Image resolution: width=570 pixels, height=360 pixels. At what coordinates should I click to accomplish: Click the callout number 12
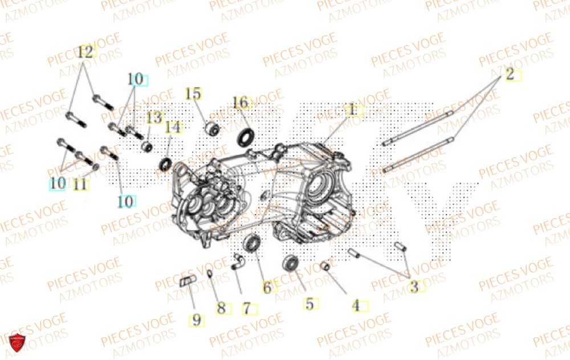pyautogui.click(x=85, y=52)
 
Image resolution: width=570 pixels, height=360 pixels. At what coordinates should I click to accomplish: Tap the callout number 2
pyautogui.click(x=510, y=73)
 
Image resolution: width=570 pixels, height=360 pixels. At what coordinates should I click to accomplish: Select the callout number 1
pyautogui.click(x=352, y=109)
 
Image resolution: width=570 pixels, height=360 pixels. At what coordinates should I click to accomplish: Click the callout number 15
pyautogui.click(x=193, y=93)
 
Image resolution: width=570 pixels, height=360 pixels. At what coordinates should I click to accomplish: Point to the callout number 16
pyautogui.click(x=241, y=103)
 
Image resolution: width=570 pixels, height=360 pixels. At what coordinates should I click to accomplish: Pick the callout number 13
pyautogui.click(x=154, y=118)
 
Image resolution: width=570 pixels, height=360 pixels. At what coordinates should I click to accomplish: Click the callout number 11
pyautogui.click(x=80, y=184)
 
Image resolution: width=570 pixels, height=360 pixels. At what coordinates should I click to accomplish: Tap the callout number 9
pyautogui.click(x=197, y=320)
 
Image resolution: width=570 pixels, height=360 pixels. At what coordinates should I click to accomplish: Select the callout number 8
pyautogui.click(x=221, y=309)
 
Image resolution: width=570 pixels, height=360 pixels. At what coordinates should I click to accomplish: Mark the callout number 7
pyautogui.click(x=246, y=309)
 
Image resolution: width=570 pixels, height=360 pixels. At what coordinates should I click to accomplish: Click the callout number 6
pyautogui.click(x=267, y=288)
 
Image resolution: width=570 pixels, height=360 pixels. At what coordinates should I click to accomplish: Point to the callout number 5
pyautogui.click(x=309, y=304)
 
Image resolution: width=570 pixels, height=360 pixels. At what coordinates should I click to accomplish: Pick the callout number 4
pyautogui.click(x=356, y=306)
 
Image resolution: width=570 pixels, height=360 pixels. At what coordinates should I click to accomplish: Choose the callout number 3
pyautogui.click(x=414, y=287)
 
